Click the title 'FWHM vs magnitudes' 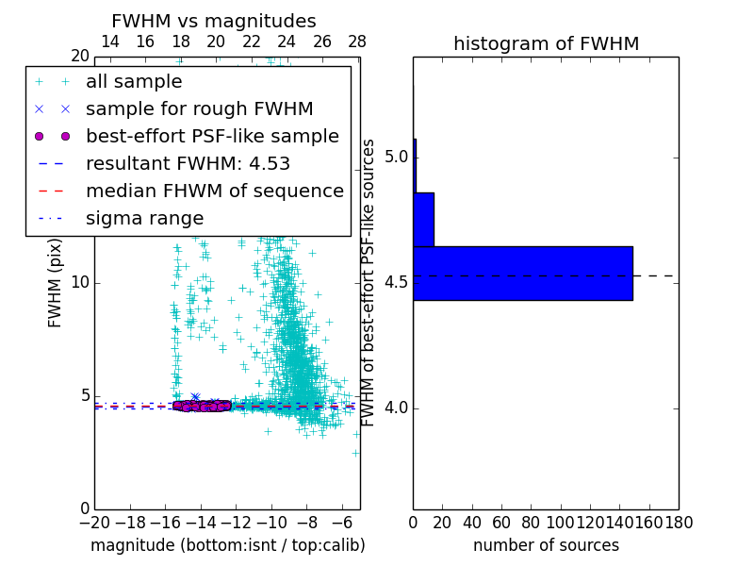[x=214, y=21]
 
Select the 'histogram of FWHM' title [x=546, y=43]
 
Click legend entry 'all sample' [x=134, y=82]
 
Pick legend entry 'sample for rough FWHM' [x=199, y=108]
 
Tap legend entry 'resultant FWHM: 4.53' [x=188, y=163]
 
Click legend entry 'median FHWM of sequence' [x=214, y=191]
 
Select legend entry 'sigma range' [x=144, y=218]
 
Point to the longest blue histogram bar [x=523, y=273]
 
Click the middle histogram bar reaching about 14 [x=423, y=219]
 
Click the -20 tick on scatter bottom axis [x=94, y=522]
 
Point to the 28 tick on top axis [x=357, y=42]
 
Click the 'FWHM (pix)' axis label [x=56, y=283]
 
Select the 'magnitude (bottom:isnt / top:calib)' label [x=227, y=545]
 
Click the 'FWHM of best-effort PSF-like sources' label [x=369, y=283]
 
